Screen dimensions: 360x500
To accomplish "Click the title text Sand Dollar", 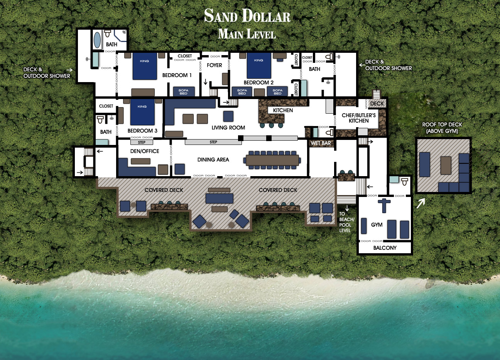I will pyautogui.click(x=247, y=16).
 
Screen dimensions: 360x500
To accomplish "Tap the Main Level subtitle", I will pyautogui.click(x=247, y=34).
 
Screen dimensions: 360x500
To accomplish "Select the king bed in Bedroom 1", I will pyautogui.click(x=145, y=66).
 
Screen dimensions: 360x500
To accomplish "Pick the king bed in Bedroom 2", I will pyautogui.click(x=259, y=66).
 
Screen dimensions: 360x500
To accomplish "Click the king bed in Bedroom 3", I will pyautogui.click(x=142, y=112).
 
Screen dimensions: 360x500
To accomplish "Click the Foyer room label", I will pyautogui.click(x=215, y=65).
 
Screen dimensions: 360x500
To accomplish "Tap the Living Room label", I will pyautogui.click(x=228, y=128).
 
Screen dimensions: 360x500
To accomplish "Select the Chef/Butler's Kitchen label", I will pyautogui.click(x=358, y=118).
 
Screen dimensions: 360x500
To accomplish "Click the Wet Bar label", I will pyautogui.click(x=321, y=143).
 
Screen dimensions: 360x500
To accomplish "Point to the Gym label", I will pyautogui.click(x=377, y=225).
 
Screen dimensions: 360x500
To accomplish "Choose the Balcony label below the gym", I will pyautogui.click(x=385, y=248).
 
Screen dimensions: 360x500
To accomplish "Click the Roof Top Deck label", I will pyautogui.click(x=442, y=128).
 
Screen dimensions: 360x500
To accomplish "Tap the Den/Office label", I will pyautogui.click(x=145, y=151).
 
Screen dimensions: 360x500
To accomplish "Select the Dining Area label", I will pyautogui.click(x=213, y=160).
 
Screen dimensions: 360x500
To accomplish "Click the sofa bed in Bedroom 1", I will pyautogui.click(x=184, y=92).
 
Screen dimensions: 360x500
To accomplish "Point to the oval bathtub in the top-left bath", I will pyautogui.click(x=98, y=40).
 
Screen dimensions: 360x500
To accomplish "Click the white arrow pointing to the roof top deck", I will pyautogui.click(x=420, y=203).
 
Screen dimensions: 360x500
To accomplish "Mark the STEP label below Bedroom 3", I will pyautogui.click(x=142, y=143).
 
